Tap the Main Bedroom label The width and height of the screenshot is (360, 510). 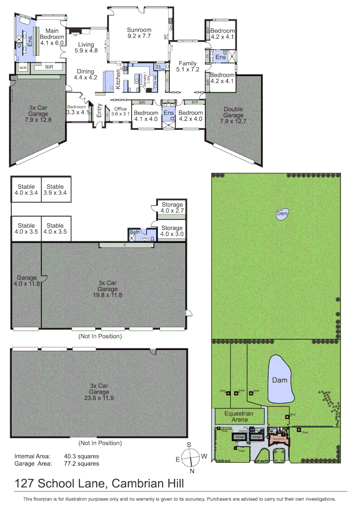pos(51,34)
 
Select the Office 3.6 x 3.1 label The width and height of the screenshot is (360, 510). pos(120,111)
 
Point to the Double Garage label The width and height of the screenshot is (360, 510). pos(233,112)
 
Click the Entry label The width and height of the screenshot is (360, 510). pos(100,111)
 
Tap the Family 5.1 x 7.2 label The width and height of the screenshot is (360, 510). pos(187,66)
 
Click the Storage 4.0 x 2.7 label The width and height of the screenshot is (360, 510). pos(172,208)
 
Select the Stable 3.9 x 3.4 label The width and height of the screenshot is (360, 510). pos(55,190)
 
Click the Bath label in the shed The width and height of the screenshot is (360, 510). pos(134,232)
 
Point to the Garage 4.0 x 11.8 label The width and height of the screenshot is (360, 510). pos(26,281)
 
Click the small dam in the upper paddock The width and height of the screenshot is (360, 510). pos(282,214)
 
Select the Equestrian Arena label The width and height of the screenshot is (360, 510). pos(239,416)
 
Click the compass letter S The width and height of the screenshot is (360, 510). pos(189,445)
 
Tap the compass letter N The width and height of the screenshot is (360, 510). pos(192,471)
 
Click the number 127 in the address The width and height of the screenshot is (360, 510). pos(25,484)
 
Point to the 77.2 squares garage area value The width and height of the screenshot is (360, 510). pos(82,464)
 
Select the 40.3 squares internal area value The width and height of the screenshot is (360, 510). pos(82,456)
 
